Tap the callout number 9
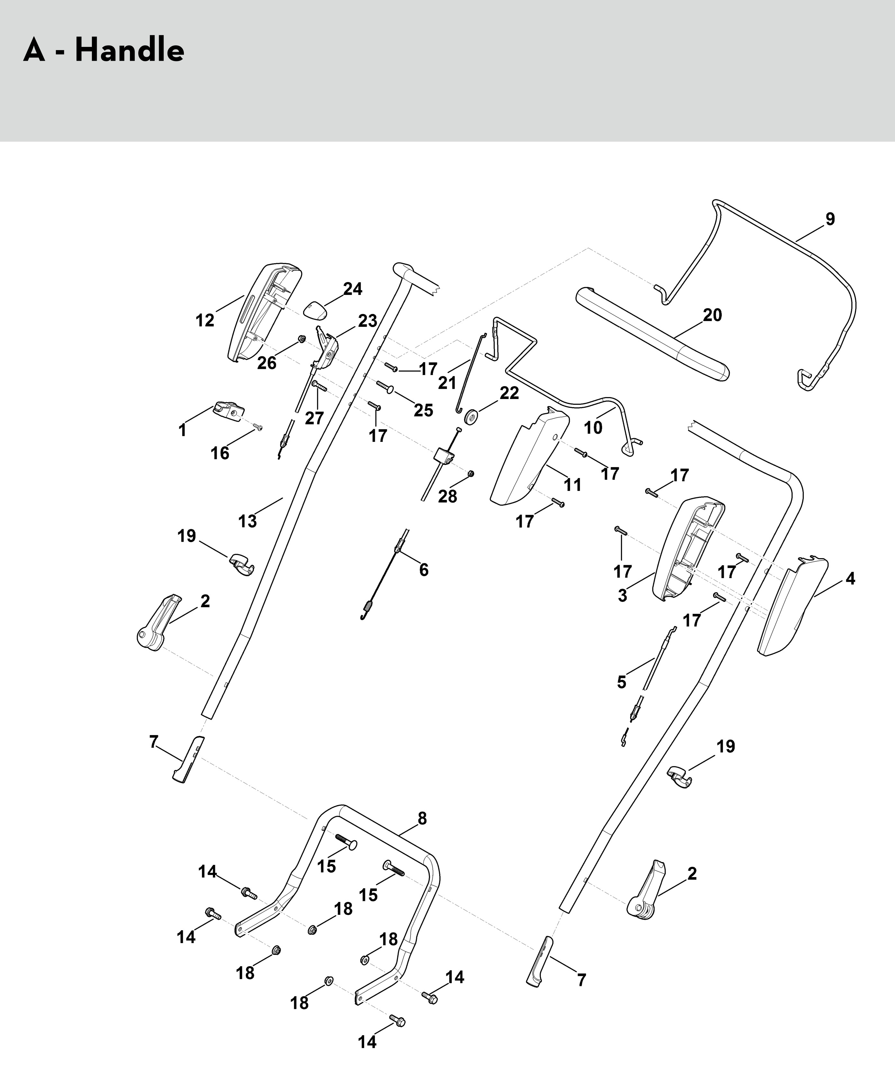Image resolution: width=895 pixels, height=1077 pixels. (x=830, y=219)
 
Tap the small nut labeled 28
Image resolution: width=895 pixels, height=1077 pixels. (x=471, y=473)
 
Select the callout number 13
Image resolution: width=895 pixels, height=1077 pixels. (x=247, y=521)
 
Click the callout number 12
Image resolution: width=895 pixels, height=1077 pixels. (x=205, y=321)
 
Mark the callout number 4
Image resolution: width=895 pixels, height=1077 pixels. (x=850, y=579)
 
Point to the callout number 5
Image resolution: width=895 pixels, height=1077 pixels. (x=621, y=682)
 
